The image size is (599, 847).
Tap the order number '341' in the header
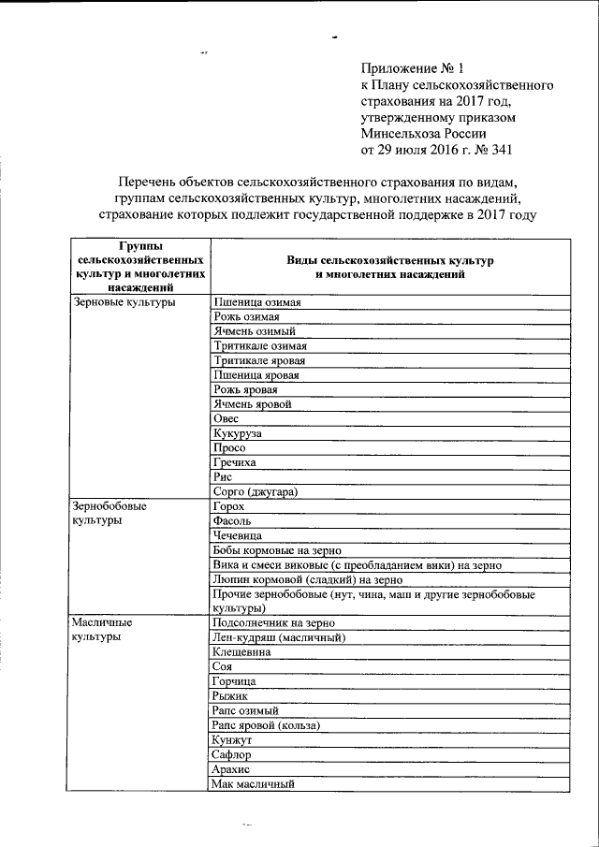click(496, 149)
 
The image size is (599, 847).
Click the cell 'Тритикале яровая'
click(259, 360)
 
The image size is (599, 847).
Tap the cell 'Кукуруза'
click(238, 434)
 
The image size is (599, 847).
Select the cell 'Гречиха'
click(235, 462)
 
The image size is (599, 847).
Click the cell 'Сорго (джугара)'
click(261, 491)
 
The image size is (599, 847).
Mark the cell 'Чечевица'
click(238, 535)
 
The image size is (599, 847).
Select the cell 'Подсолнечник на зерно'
click(273, 621)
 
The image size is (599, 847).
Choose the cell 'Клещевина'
click(241, 651)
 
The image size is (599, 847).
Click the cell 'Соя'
click(223, 666)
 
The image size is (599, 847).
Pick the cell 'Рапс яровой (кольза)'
click(267, 725)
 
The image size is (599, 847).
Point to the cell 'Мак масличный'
click(254, 783)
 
